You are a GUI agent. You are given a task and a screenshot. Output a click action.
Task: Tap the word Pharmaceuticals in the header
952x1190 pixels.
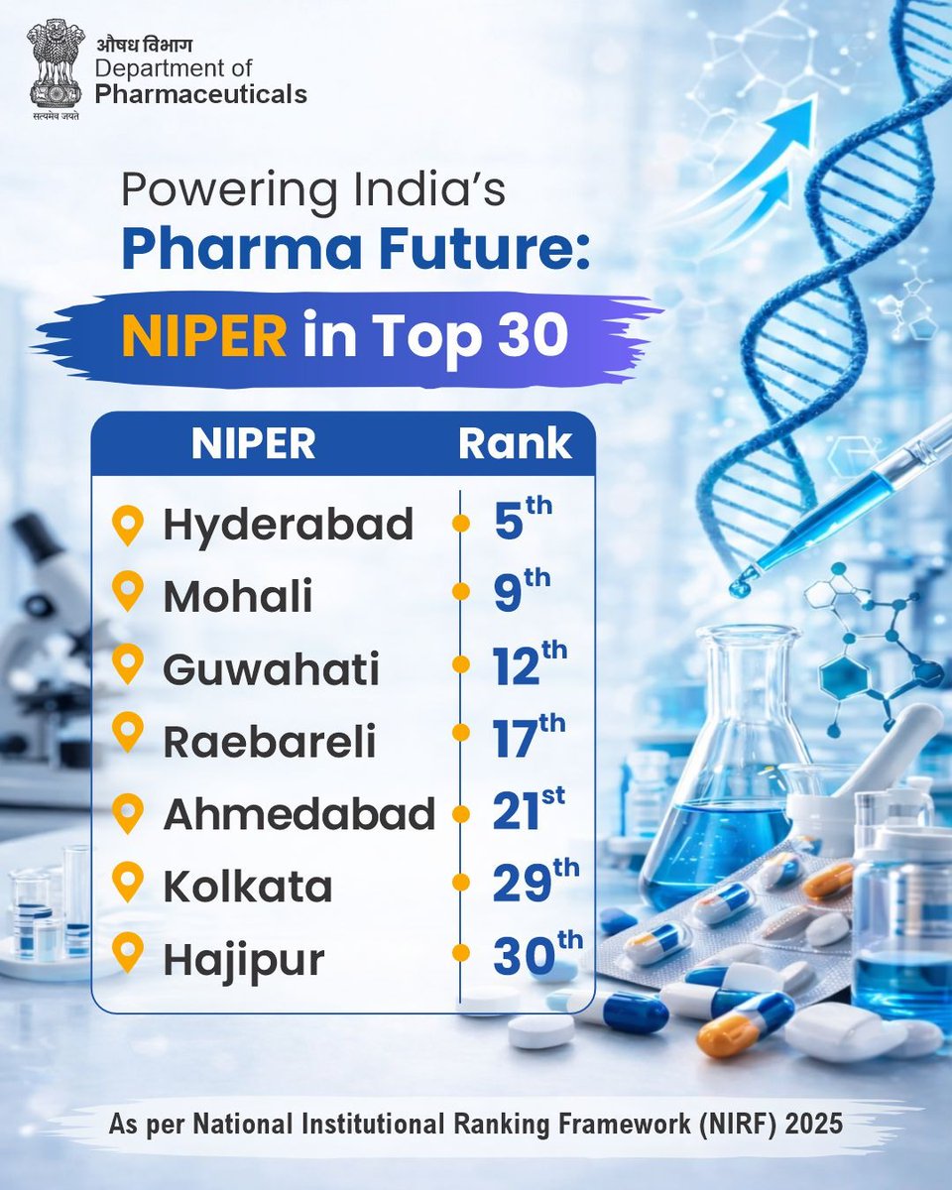(201, 94)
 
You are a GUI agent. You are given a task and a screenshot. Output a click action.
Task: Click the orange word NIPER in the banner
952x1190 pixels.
(204, 336)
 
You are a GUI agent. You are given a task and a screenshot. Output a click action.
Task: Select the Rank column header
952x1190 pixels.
(515, 444)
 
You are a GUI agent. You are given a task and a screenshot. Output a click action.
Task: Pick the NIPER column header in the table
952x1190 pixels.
(253, 444)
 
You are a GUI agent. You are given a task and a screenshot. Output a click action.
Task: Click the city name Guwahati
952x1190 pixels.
(271, 670)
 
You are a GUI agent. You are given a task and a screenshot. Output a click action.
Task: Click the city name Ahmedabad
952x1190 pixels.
(298, 814)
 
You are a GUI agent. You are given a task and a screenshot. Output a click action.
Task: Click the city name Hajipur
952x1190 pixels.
(243, 959)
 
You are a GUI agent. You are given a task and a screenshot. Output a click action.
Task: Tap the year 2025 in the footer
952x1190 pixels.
(813, 1126)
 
